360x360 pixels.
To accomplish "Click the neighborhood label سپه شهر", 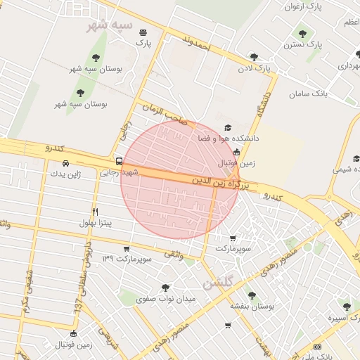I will tap(108, 26).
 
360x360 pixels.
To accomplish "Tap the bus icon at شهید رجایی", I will tap(118, 160).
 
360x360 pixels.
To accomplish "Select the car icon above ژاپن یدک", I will tap(65, 163).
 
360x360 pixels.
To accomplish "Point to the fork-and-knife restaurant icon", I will tap(96, 211).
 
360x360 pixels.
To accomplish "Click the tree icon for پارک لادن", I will tap(254, 58).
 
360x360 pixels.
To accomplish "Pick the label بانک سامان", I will tap(329, 93).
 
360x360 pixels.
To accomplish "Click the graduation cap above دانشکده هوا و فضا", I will tap(226, 127).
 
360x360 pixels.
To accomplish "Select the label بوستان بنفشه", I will tap(252, 307).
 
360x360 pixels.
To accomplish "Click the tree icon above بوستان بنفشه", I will tap(252, 295).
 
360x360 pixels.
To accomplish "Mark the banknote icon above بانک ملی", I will tap(318, 346).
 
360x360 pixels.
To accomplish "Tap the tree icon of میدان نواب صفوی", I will tap(165, 288).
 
